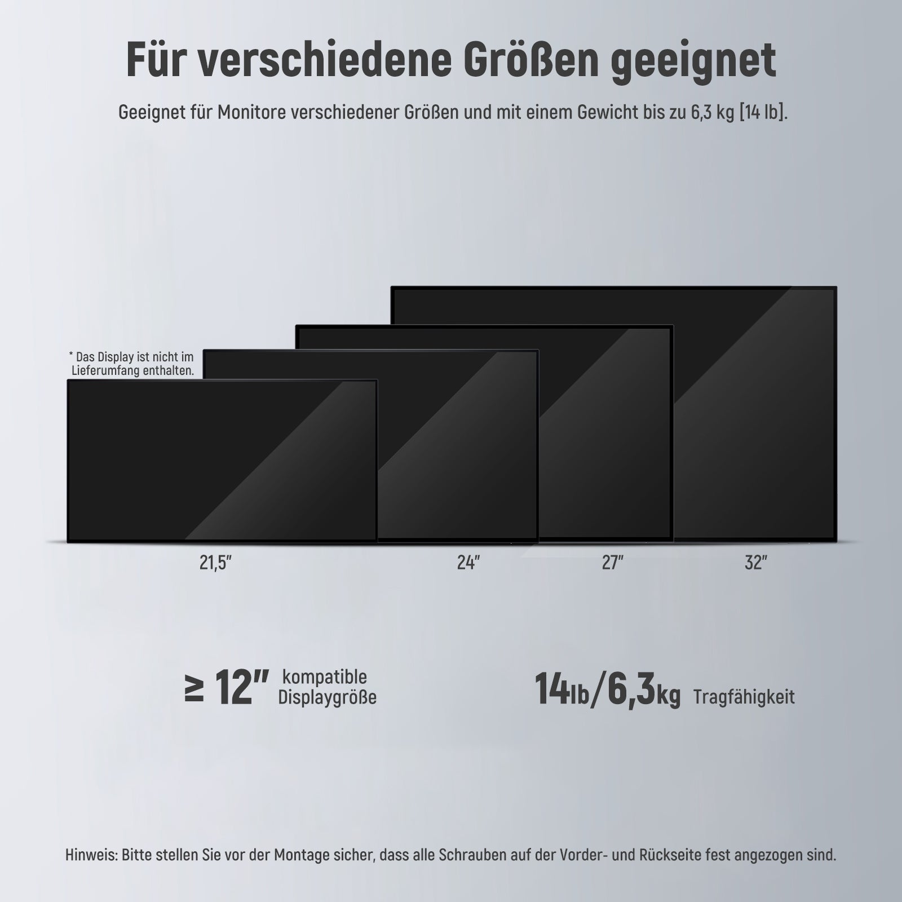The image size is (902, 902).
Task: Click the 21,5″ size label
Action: click(x=216, y=563)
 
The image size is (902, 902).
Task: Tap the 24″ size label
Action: click(x=468, y=563)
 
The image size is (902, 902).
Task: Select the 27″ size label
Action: click(x=612, y=563)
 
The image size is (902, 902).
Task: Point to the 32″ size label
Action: click(x=756, y=563)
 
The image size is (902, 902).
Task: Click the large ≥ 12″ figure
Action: click(x=226, y=688)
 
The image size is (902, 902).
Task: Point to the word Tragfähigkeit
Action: click(x=744, y=697)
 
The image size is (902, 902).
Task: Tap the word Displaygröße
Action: click(x=327, y=698)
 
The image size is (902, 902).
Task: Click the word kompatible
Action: click(x=324, y=676)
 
